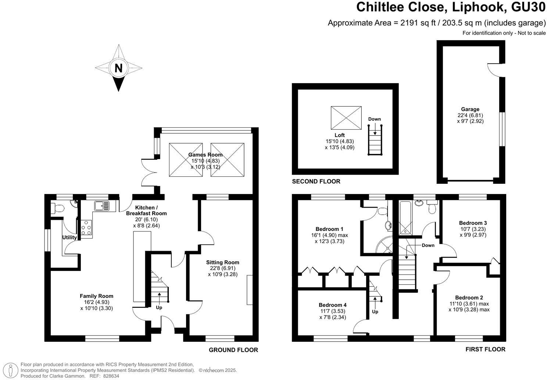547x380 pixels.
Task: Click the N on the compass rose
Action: (x=118, y=68)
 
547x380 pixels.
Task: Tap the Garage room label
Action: (x=470, y=109)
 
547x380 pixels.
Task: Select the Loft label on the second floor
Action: (x=340, y=135)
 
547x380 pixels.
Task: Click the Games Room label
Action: (x=205, y=155)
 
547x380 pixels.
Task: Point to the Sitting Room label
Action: (x=223, y=262)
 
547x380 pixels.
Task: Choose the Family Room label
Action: (x=96, y=296)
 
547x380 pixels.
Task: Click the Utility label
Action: (x=69, y=237)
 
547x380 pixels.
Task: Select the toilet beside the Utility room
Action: (x=58, y=208)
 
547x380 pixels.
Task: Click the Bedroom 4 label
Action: (x=332, y=305)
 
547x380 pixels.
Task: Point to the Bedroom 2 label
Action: (x=469, y=298)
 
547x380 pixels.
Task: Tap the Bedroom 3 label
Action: (x=473, y=223)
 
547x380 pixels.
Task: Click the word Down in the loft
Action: (x=375, y=119)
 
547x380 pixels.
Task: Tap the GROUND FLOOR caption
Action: (x=233, y=350)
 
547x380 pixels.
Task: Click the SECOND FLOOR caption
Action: (x=316, y=181)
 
